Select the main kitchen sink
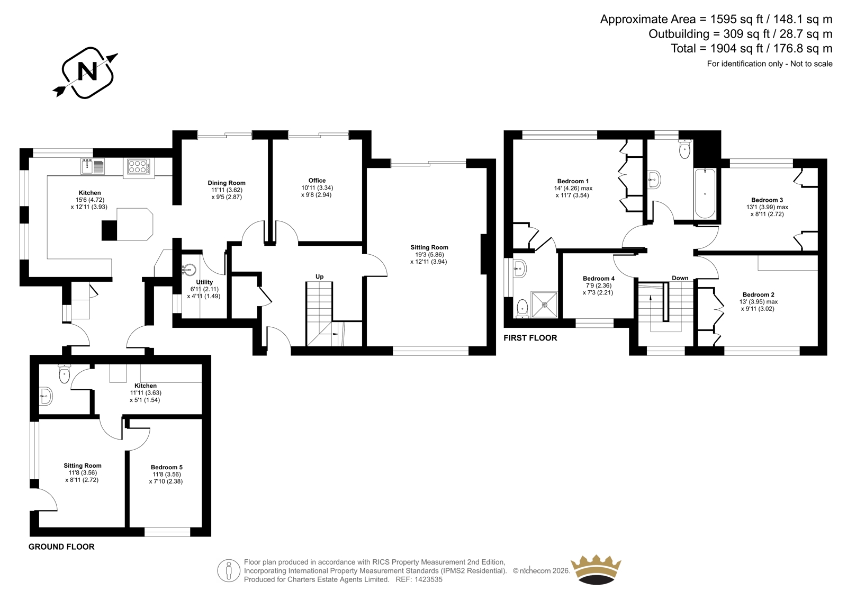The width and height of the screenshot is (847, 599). coord(93,166)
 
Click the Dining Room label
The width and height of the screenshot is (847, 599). coord(227,183)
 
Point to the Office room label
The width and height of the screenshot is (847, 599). coord(317,181)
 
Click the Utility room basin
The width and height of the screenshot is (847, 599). coord(190,270)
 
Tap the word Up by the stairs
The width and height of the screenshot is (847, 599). coord(320,276)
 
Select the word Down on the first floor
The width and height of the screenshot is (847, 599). coord(680,278)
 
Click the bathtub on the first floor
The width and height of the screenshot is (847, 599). coord(705,194)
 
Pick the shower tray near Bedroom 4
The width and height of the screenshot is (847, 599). coord(545,304)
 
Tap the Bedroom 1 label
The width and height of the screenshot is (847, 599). coord(573,181)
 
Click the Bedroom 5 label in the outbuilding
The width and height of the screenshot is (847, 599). coord(167,467)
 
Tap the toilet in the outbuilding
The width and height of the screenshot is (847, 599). coord(65,373)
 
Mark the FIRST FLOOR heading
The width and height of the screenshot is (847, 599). coord(530,338)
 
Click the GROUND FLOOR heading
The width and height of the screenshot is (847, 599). coord(61,547)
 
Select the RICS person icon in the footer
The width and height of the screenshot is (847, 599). coord(229,570)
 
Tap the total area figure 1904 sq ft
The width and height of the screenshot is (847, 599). coord(738,48)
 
